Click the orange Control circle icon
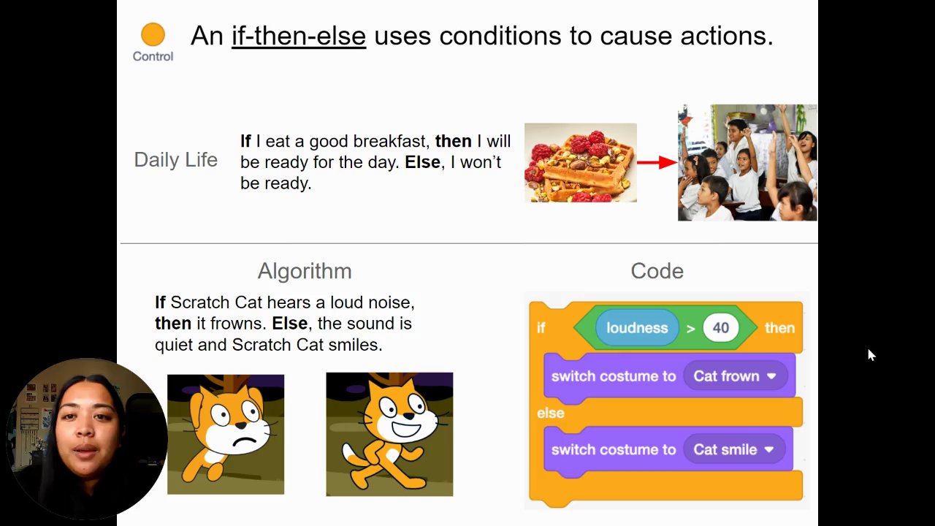click(153, 34)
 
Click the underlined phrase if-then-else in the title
click(299, 36)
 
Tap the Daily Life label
click(176, 160)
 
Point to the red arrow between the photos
click(657, 162)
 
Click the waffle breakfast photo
click(581, 162)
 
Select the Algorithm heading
click(305, 271)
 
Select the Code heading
click(657, 271)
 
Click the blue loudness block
click(637, 328)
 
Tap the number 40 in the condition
click(721, 328)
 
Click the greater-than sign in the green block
click(691, 329)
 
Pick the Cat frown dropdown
click(736, 376)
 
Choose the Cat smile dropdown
click(734, 449)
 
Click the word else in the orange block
click(551, 413)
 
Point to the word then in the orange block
click(779, 328)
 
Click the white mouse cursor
click(871, 355)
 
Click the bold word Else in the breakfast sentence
click(422, 162)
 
